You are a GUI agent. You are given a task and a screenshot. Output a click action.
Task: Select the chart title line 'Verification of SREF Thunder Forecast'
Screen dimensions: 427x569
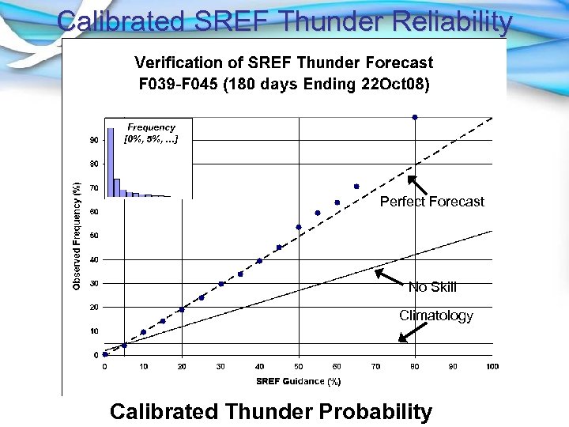click(x=284, y=62)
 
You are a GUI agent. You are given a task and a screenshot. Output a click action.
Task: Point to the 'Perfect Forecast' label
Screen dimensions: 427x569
click(x=431, y=202)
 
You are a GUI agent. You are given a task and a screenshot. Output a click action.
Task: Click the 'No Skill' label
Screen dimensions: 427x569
click(x=431, y=287)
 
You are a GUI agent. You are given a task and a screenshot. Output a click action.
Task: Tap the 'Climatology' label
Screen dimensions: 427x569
click(x=435, y=316)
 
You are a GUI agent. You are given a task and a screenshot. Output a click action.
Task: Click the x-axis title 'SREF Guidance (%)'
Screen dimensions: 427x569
click(x=297, y=381)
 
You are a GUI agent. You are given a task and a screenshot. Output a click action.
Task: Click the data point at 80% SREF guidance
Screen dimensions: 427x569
click(x=415, y=117)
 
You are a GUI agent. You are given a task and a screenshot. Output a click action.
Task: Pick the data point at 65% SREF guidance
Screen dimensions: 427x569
click(x=356, y=187)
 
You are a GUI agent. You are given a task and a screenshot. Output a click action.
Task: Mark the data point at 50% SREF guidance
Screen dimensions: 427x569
click(x=299, y=227)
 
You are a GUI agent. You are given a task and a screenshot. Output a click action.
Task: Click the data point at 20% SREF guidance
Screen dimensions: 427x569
click(x=182, y=309)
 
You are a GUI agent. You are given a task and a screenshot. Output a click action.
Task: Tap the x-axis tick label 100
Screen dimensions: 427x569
click(x=492, y=367)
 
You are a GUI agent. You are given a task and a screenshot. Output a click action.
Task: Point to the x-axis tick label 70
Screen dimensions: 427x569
click(x=376, y=367)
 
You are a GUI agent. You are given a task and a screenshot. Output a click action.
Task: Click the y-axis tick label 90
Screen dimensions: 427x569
click(x=94, y=140)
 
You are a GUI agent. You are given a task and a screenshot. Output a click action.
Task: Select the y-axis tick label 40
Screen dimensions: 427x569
click(x=94, y=259)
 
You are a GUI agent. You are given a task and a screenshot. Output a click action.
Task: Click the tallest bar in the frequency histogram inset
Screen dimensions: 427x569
click(x=110, y=158)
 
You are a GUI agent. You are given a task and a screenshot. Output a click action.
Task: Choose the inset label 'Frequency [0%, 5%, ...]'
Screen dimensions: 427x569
click(x=151, y=133)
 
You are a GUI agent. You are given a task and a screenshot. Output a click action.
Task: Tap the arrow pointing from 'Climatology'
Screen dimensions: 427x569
click(x=408, y=333)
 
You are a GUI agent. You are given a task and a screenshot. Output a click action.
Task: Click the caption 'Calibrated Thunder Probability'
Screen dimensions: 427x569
click(x=271, y=412)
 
